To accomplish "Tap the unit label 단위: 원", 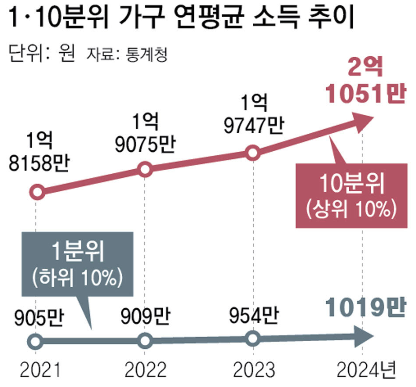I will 42,55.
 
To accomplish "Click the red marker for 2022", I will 146,170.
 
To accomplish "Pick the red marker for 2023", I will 252,153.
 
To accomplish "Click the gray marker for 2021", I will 36,341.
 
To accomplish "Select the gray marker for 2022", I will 145,340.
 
